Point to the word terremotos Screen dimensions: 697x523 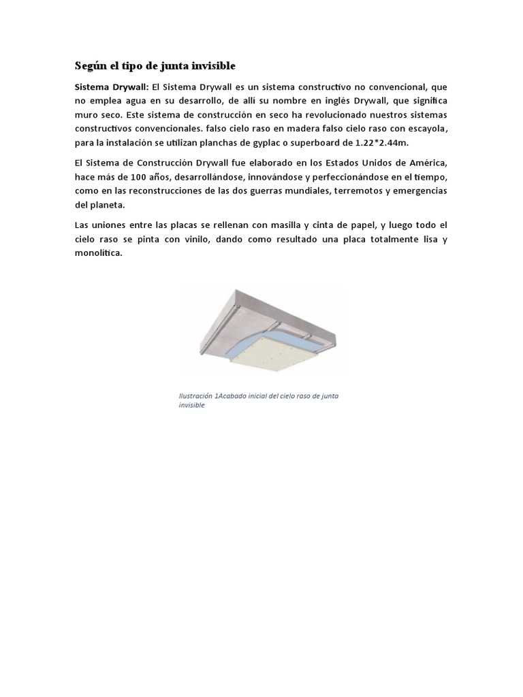(x=358, y=191)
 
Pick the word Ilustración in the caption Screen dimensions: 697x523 (x=195, y=395)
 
